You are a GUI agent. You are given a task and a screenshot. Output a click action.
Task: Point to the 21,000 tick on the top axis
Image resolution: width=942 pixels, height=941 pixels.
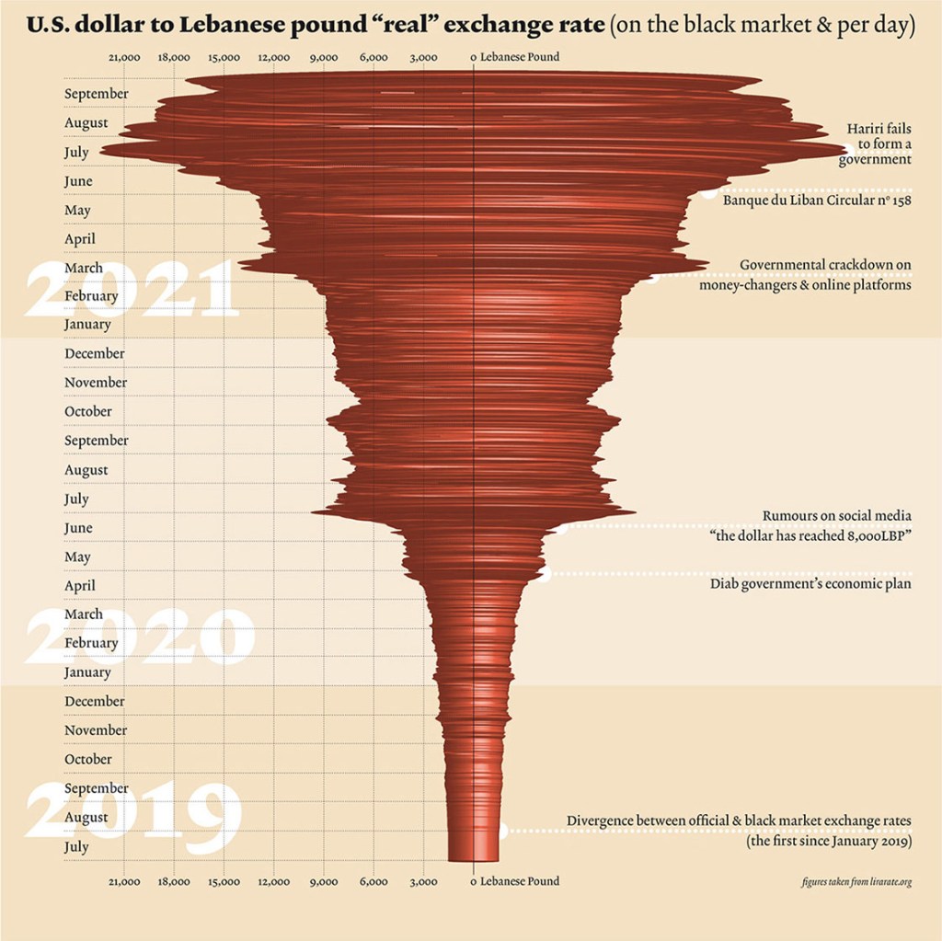[x=124, y=57]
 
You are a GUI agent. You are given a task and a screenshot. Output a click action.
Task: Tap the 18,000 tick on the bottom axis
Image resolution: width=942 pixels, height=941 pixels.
[x=174, y=881]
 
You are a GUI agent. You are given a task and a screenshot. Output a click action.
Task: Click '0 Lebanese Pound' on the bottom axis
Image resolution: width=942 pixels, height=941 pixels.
[x=514, y=881]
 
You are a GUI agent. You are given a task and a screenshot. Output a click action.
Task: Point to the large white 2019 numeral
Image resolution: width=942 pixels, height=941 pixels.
[x=133, y=809]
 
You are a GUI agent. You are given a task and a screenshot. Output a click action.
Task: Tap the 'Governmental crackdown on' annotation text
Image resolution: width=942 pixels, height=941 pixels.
[x=825, y=266]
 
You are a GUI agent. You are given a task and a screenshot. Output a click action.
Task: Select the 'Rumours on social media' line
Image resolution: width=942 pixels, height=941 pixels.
[x=836, y=516]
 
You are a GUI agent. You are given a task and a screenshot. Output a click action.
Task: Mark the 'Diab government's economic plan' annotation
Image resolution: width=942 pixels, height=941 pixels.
[x=810, y=583]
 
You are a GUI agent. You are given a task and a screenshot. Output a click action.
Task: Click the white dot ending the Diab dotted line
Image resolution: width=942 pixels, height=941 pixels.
[x=546, y=576]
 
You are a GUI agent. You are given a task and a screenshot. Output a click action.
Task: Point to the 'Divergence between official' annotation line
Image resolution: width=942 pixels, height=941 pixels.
[x=739, y=821]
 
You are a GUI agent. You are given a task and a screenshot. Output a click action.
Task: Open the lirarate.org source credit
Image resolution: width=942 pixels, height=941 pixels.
[x=856, y=882]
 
